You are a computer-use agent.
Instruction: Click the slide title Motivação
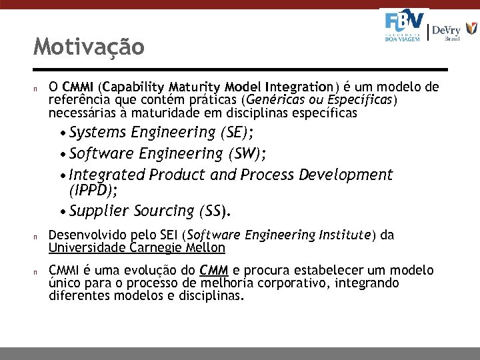coord(89,47)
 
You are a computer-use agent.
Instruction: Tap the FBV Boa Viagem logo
coord(404,27)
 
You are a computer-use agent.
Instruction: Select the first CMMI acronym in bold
coord(79,87)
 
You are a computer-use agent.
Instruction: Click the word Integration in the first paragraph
coord(298,87)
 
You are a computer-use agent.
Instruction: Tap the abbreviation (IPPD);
coord(93,191)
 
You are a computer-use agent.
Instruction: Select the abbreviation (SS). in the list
coord(215,211)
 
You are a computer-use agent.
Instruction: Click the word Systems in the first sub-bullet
coord(98,131)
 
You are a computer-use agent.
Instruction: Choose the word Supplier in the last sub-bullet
coord(99,211)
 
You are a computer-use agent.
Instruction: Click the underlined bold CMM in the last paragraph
coord(214,271)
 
